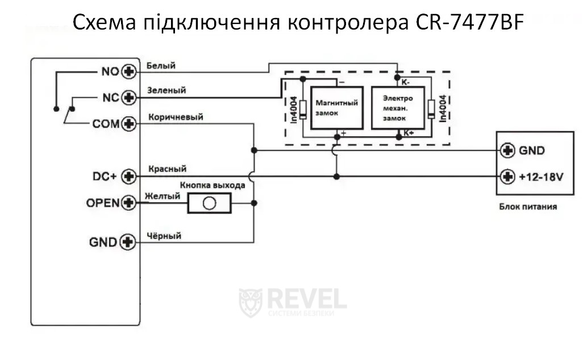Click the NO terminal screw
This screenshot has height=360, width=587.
130,72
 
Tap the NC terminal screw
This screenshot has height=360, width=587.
130,98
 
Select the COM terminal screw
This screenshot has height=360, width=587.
130,123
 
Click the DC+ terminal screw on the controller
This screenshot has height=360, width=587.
130,177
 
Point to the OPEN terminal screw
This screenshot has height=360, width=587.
130,202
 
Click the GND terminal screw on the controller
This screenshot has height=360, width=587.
130,242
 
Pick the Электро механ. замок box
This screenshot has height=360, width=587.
397,108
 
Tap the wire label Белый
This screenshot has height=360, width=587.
161,66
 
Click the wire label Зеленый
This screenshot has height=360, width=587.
166,90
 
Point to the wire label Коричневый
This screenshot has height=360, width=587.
176,117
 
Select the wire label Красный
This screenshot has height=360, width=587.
167,169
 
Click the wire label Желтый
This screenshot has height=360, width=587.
163,196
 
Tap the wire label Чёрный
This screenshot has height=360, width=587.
164,236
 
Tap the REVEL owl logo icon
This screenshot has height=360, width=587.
251,302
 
